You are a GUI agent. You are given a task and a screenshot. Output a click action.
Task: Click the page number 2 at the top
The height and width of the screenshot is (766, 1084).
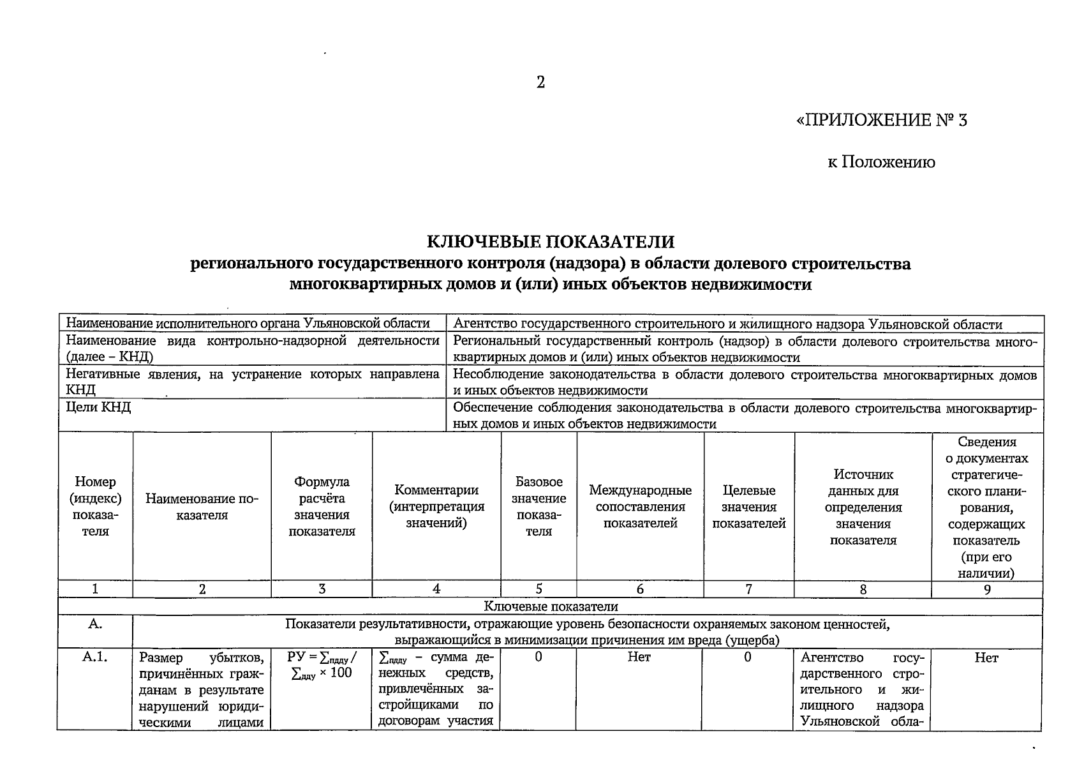tap(540, 82)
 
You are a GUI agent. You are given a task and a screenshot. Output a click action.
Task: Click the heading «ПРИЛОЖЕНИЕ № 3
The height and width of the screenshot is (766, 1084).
tap(882, 120)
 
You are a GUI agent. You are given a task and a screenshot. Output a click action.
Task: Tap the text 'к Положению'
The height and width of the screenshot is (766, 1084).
tap(882, 163)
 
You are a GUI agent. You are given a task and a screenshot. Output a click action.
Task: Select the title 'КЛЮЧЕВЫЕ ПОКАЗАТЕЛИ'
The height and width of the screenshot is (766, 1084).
tap(550, 242)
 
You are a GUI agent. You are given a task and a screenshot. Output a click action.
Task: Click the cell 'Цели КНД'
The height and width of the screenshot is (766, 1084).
tap(98, 407)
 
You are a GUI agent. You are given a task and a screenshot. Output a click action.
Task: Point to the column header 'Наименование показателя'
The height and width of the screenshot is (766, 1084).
tap(202, 507)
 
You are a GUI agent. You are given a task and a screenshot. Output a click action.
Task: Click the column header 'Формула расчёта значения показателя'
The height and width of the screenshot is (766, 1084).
tap(322, 506)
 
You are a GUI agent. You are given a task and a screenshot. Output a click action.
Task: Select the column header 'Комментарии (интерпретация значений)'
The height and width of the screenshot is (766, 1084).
tap(436, 506)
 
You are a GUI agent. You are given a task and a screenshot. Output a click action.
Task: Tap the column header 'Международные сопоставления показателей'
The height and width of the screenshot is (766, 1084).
tap(640, 507)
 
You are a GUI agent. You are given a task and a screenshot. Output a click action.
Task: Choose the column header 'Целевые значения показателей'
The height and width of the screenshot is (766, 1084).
tap(749, 507)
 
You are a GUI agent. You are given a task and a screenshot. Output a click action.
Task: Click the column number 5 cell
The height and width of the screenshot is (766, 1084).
tap(538, 589)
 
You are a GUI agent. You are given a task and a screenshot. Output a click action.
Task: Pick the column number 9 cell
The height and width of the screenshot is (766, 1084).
tap(987, 589)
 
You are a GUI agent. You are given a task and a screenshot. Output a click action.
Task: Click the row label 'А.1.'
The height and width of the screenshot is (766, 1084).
tap(94, 657)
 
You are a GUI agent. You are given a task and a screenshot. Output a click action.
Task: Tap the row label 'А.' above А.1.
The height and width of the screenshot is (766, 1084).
tap(94, 624)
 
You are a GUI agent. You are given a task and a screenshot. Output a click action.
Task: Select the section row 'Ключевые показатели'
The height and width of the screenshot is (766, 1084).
tap(550, 606)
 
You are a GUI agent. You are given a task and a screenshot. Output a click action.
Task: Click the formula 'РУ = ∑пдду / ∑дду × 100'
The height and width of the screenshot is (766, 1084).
tap(322, 665)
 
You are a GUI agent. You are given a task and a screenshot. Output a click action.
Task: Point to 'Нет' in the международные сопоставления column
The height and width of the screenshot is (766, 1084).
tap(639, 657)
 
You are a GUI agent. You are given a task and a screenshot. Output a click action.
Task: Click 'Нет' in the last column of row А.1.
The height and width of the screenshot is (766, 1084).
tap(986, 657)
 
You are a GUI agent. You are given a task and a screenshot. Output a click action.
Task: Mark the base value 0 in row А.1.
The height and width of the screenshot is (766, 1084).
tap(538, 657)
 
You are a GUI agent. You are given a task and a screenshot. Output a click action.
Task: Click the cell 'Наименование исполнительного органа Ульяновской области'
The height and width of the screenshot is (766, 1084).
tap(248, 324)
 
